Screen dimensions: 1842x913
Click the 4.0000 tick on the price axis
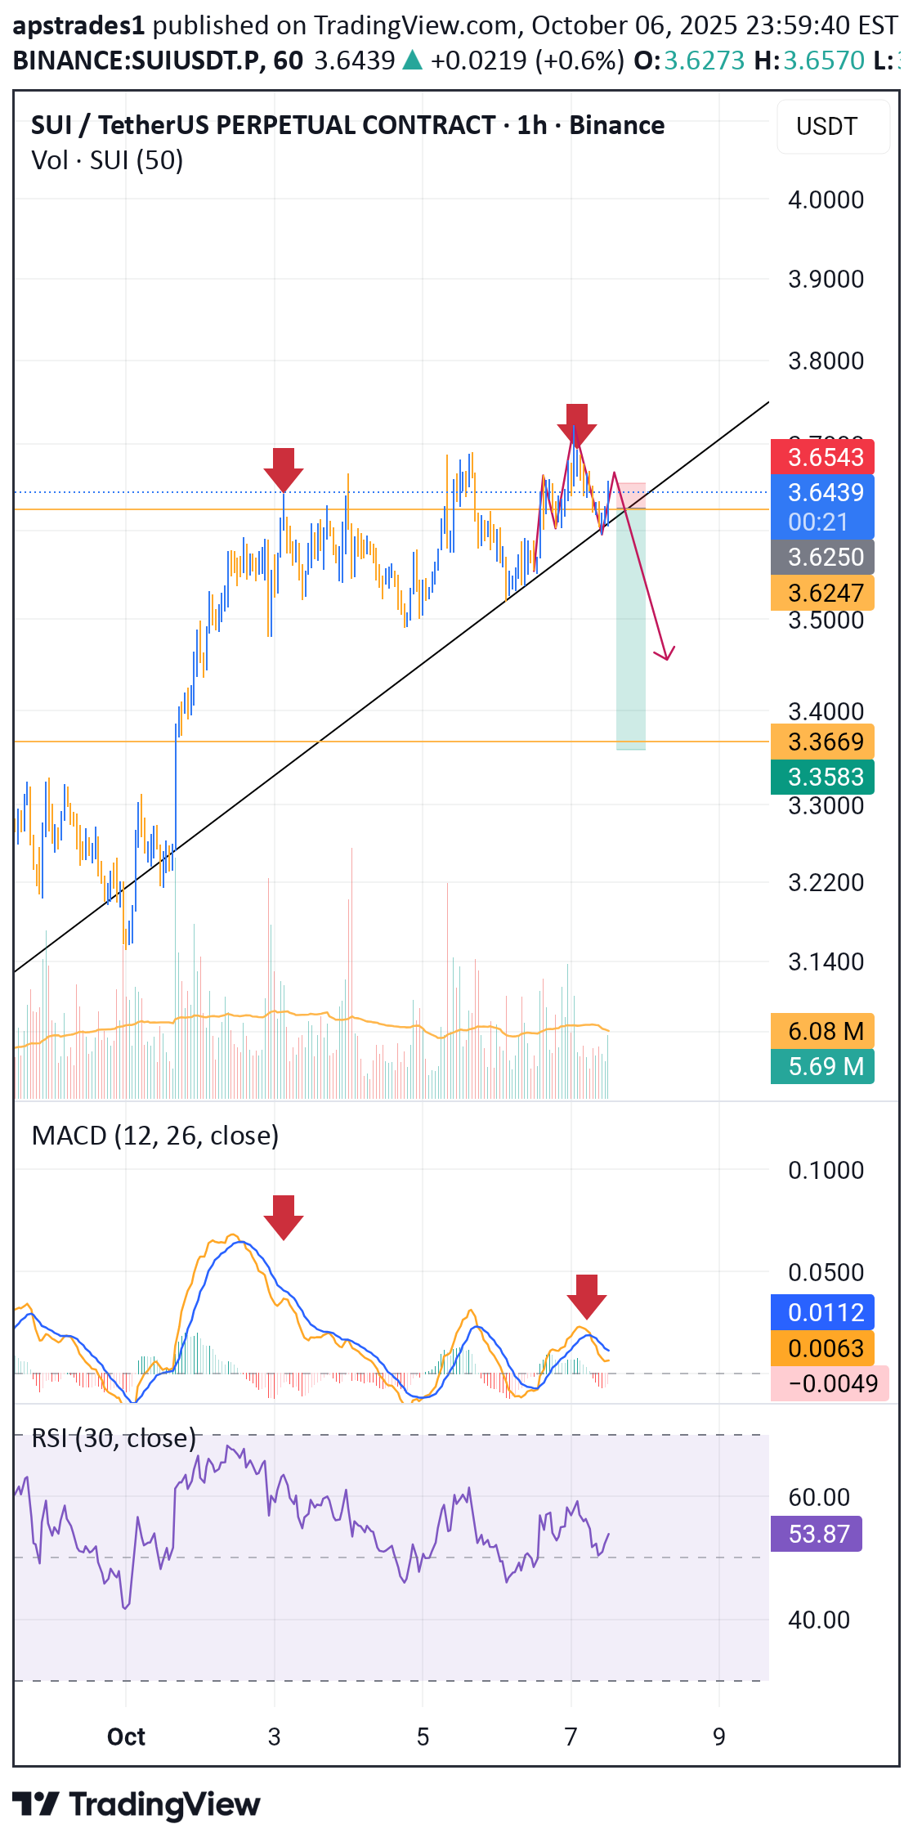(826, 200)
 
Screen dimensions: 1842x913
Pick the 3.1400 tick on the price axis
(826, 961)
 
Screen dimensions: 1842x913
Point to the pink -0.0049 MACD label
(829, 1383)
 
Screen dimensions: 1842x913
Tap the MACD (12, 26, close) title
(155, 1136)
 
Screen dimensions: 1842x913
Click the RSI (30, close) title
(114, 1438)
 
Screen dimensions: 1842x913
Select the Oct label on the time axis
(126, 1737)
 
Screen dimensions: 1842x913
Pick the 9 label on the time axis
(718, 1737)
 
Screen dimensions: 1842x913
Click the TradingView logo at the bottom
(137, 1804)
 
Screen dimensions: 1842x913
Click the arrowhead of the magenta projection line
(667, 655)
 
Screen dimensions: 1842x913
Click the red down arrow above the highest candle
(577, 424)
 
